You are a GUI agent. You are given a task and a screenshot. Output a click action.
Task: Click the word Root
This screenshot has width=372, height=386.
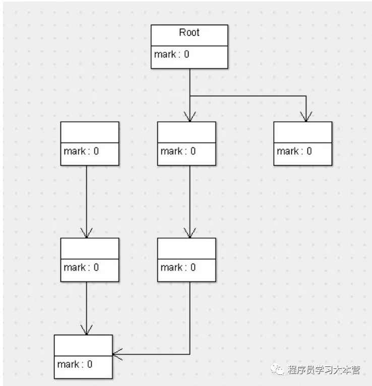coord(189,33)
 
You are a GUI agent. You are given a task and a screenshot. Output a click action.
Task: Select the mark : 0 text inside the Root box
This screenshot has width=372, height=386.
coord(172,54)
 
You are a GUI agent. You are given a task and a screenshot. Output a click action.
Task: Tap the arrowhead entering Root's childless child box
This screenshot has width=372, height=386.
coord(305,117)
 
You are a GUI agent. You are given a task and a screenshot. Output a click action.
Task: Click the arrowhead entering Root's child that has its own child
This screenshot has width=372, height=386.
coord(190,117)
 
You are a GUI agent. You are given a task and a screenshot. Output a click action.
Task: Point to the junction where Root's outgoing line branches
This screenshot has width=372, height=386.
coord(190,96)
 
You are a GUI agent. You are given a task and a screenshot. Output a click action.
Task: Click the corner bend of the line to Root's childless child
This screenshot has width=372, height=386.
coord(305,96)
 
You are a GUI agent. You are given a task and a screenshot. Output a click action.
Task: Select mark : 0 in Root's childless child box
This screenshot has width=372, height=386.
coord(294,151)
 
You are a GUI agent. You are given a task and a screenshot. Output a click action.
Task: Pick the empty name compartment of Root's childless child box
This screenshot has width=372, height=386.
coord(303,132)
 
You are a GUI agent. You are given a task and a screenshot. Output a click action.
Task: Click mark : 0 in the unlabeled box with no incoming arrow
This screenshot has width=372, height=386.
coord(81,151)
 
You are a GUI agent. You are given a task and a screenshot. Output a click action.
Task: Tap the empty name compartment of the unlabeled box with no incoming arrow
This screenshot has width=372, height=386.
coord(90,132)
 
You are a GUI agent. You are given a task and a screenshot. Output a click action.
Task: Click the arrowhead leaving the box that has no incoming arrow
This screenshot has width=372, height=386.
coord(87,234)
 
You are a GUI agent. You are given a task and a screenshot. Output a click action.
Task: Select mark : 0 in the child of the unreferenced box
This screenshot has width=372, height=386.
coord(81,267)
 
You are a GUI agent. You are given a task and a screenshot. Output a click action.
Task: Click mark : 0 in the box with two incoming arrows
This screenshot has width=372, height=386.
coord(75,364)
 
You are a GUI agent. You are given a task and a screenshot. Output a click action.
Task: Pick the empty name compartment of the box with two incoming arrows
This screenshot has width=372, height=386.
coord(83,345)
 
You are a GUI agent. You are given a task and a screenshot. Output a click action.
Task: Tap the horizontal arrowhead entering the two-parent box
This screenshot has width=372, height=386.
coord(117,354)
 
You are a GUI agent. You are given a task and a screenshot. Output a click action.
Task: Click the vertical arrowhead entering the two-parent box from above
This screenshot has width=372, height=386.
coord(87,330)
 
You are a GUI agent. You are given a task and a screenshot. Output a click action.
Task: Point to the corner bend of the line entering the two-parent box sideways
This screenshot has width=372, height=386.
coord(190,354)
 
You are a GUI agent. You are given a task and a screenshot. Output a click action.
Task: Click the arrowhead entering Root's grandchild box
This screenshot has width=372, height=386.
coord(190,234)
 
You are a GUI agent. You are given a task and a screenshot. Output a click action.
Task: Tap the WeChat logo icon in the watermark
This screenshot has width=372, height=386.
coord(278,370)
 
